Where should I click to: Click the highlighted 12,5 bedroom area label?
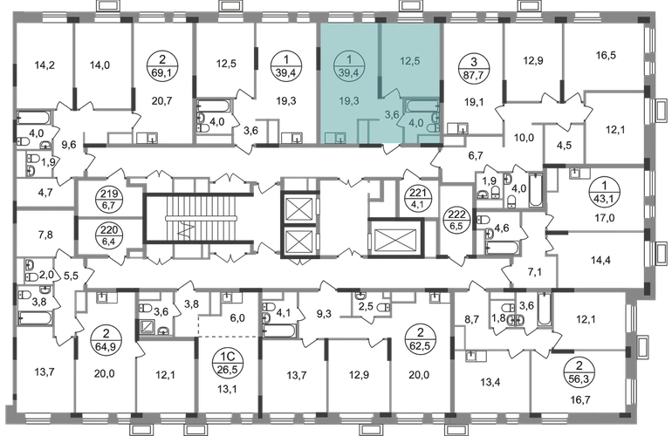point(409,61)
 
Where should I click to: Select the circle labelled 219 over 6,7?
point(110,199)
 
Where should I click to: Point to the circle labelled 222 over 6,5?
point(456,219)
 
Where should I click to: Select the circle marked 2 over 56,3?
point(579,372)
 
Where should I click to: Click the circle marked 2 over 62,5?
point(420,339)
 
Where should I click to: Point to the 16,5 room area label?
point(606,55)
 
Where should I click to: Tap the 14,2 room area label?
point(45,65)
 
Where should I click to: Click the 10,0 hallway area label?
point(524,138)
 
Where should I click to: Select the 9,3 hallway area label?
point(324,315)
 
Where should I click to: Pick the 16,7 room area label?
point(580,400)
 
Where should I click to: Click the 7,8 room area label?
point(45,235)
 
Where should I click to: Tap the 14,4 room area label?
point(600,260)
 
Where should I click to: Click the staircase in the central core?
point(201,218)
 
